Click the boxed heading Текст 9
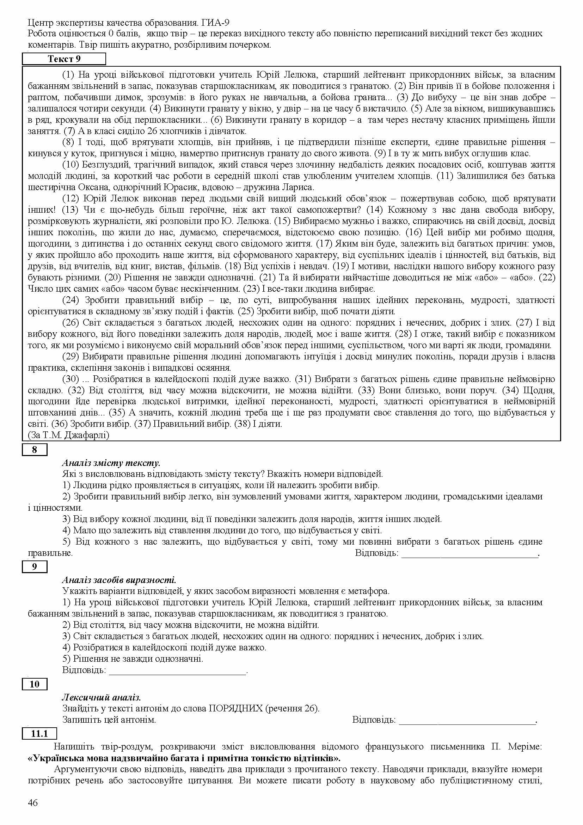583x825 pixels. tap(64, 59)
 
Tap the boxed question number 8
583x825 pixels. tap(35, 449)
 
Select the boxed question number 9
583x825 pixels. tap(35, 567)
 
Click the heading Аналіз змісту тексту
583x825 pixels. tap(111, 463)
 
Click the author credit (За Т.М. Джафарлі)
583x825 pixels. tap(68, 435)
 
